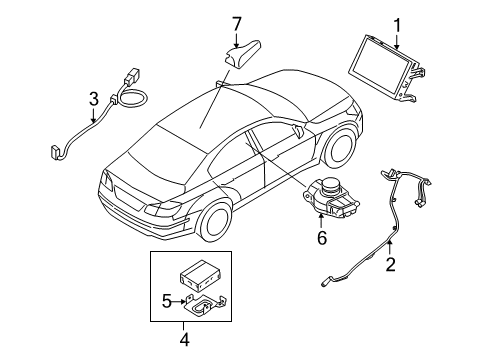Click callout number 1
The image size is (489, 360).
coord(396,24)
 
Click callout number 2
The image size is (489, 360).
coord(391,264)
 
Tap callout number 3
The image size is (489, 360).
coord(92,100)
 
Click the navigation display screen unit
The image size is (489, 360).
coord(379,66)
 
